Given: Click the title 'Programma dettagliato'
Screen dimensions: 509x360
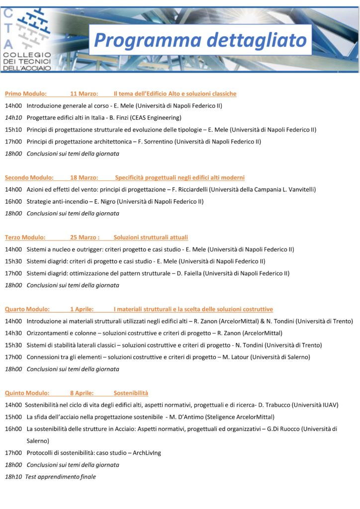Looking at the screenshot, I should [x=200, y=40].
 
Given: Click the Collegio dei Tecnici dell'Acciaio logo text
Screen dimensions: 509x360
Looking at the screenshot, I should [x=27, y=61].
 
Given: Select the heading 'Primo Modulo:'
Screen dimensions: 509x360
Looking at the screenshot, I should [x=26, y=93].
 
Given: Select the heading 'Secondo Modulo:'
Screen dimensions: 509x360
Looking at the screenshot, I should [x=30, y=177].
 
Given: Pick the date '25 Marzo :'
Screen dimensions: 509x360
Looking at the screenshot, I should [x=85, y=237].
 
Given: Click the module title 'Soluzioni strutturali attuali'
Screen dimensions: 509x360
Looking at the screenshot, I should [x=151, y=237].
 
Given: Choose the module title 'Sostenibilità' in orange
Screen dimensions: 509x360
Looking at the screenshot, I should [x=131, y=393].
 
